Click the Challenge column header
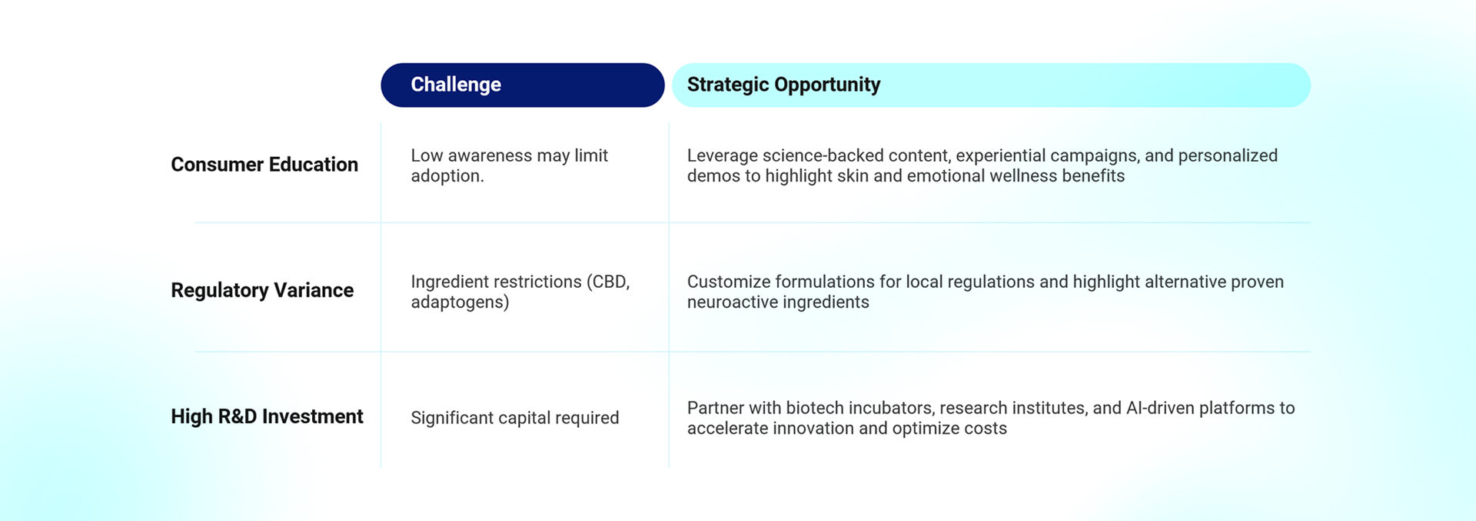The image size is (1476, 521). pos(523,85)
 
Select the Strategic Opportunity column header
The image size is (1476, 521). pos(991,85)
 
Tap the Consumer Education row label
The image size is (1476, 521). pos(264,165)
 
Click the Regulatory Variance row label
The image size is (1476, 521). pos(262,290)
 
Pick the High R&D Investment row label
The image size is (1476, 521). pos(267,416)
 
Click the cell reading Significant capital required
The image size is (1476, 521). pos(515,418)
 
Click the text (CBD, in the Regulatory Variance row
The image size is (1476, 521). pos(608,282)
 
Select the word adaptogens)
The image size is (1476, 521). pos(460,302)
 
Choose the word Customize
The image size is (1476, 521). pos(729,282)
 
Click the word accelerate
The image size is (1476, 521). pos(727,429)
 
